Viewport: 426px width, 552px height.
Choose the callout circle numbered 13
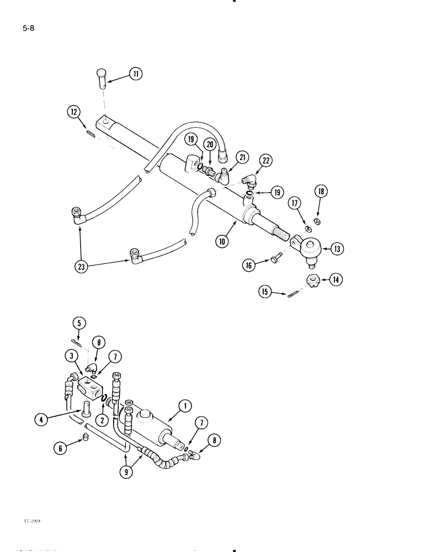point(338,249)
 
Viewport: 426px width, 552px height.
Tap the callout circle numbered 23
point(82,266)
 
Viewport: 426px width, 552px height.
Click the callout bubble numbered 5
point(79,323)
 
